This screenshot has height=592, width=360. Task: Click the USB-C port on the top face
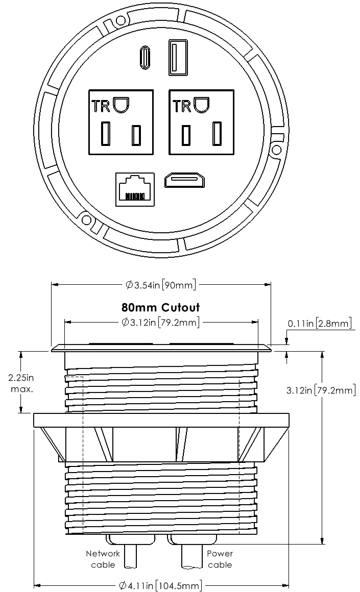coord(145,58)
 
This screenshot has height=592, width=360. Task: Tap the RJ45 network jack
coord(135,189)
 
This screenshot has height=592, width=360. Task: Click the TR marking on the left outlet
coord(101,107)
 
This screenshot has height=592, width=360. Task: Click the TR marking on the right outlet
coord(182,107)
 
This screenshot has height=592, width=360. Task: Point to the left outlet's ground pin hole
coord(121,105)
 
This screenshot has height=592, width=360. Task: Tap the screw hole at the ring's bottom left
coord(86,219)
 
